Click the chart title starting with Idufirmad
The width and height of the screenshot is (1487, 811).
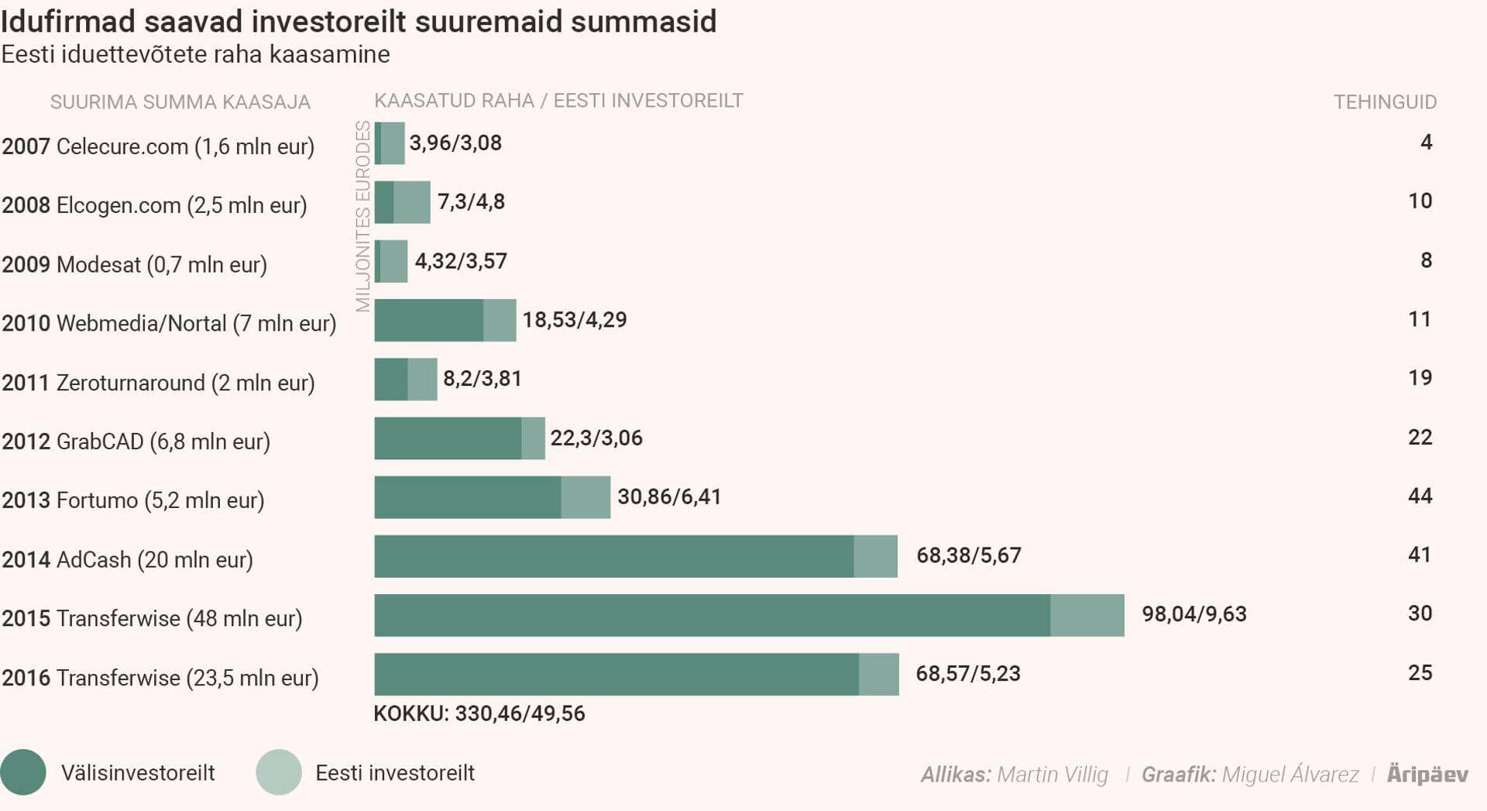point(359,21)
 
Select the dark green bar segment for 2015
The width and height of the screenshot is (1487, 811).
point(712,615)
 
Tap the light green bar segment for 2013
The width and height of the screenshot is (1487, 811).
point(586,497)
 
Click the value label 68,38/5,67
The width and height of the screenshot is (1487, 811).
point(968,555)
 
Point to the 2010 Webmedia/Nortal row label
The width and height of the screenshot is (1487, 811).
point(169,323)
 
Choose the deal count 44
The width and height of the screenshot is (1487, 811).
point(1420,496)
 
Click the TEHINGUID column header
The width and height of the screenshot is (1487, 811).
point(1385,101)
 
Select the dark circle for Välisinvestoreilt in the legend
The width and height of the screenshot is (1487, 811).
point(23,772)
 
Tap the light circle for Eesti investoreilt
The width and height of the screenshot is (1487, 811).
point(279,772)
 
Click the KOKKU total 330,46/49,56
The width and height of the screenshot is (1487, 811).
point(479,713)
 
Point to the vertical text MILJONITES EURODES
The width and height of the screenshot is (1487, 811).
point(362,216)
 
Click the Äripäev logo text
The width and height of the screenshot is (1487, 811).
point(1427,774)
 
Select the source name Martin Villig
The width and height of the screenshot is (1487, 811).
point(1053,775)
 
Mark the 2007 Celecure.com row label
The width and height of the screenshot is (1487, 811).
point(158,146)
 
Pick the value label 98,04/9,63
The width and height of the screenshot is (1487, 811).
point(1193,614)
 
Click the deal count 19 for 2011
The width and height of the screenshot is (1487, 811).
point(1420,378)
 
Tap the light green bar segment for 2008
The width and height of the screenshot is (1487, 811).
point(412,202)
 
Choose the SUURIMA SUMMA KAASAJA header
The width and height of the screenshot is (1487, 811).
point(180,102)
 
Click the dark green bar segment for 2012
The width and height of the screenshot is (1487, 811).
point(448,438)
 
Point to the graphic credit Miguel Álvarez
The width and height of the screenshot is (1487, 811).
point(1290,775)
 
